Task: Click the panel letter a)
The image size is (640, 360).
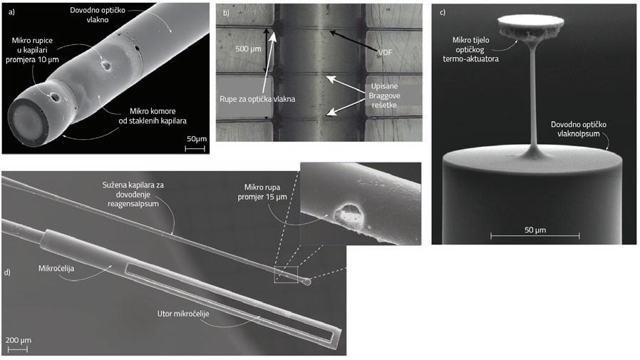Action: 11,12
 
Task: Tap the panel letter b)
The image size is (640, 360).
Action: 226,13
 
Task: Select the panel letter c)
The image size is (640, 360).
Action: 443,12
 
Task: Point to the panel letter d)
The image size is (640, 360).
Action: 7,272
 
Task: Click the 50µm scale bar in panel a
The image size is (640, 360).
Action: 195,148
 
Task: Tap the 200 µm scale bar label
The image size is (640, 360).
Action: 19,339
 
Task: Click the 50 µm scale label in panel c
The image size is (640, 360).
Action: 535,230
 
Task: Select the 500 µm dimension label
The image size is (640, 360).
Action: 248,48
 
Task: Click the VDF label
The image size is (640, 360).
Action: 386,52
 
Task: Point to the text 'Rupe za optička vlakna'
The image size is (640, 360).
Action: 257,99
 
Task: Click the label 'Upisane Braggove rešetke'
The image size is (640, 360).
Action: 384,96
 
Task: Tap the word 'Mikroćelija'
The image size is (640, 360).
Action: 56,268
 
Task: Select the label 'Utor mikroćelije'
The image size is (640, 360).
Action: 183,314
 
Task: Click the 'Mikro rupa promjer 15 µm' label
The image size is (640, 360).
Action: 262,192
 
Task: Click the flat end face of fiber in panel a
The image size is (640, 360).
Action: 28,120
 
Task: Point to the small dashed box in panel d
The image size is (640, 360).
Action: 286,274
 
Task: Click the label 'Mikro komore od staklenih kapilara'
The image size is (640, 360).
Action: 153,116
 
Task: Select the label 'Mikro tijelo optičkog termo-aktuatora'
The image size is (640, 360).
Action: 470,49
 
